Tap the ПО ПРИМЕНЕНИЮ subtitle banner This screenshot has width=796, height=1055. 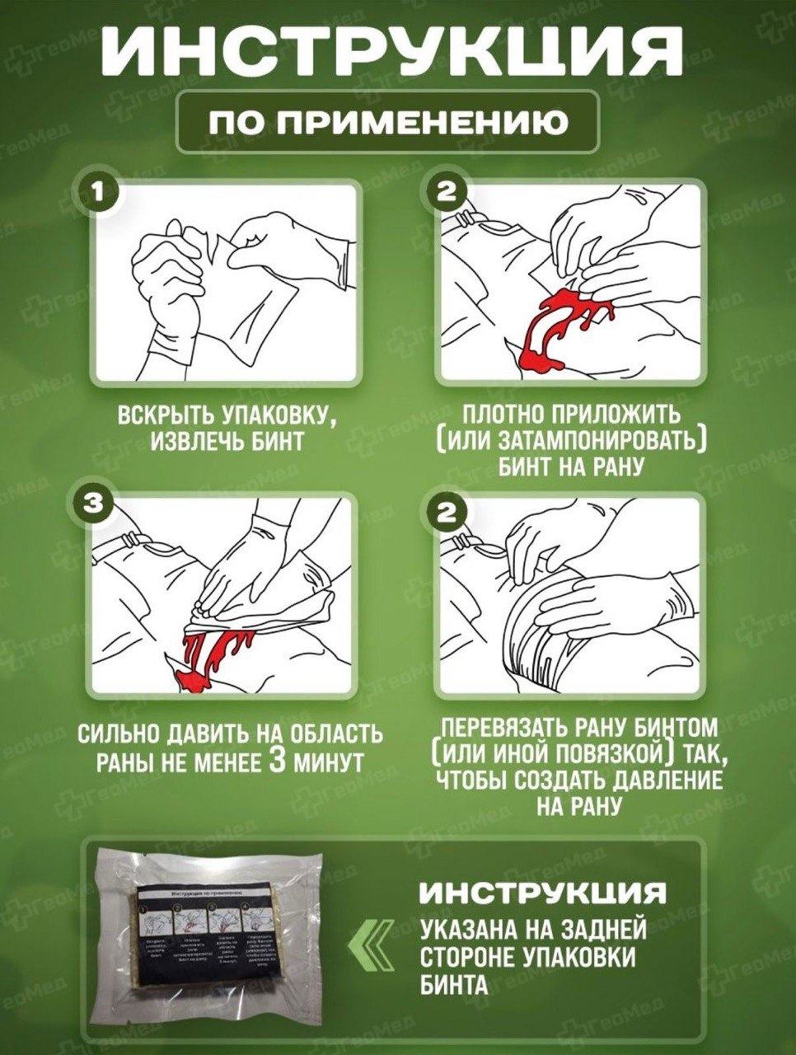point(388,123)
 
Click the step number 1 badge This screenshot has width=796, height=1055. point(97,193)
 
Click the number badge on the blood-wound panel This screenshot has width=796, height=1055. point(446,193)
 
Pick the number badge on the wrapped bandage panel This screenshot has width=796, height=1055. point(446,513)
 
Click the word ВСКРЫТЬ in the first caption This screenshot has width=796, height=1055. point(161,415)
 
